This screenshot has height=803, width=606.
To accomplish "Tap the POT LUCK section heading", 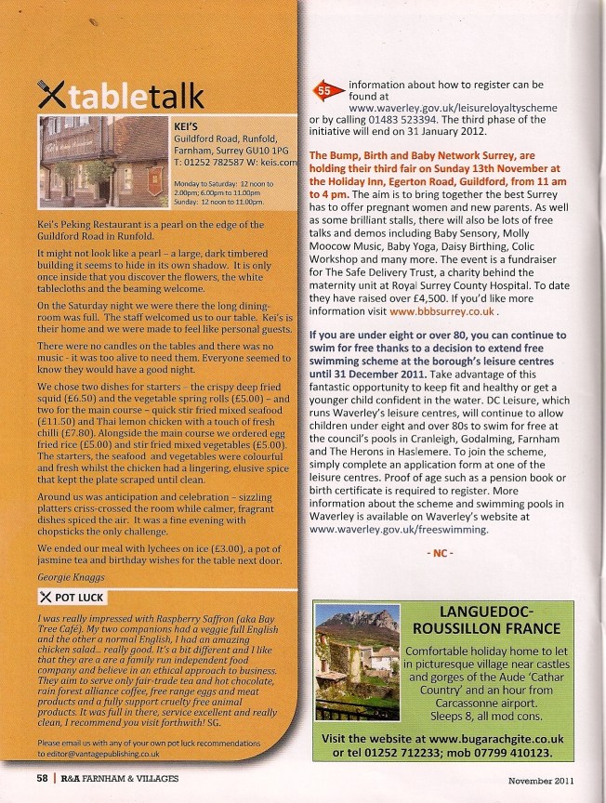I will pyautogui.click(x=79, y=596).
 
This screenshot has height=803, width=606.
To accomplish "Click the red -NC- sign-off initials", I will pyautogui.click(x=440, y=553).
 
